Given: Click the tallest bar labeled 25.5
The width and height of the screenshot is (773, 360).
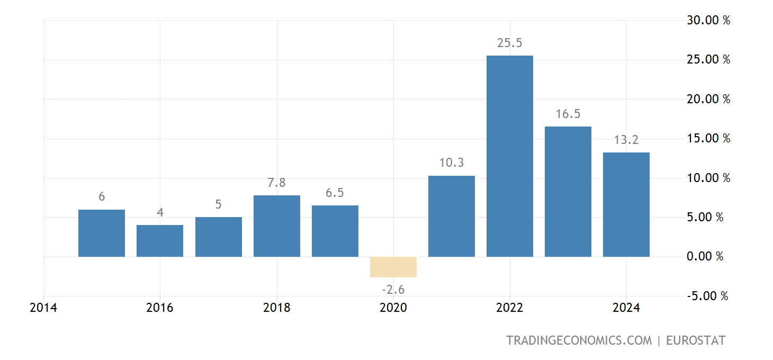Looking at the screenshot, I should pyautogui.click(x=509, y=156).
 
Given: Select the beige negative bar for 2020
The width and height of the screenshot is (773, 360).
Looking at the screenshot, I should pyautogui.click(x=393, y=267).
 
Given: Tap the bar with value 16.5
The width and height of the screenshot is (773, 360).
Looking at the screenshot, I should pyautogui.click(x=568, y=192).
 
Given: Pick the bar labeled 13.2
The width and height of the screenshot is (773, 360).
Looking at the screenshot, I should pyautogui.click(x=626, y=204).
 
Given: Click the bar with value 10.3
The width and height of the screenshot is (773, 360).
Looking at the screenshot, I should pyautogui.click(x=451, y=216).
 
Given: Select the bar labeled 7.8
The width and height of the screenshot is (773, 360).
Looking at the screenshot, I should pyautogui.click(x=276, y=226).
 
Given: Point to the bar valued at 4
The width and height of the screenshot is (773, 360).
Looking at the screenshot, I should pyautogui.click(x=160, y=241).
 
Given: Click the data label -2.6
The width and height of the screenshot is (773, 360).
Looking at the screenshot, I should pyautogui.click(x=393, y=290).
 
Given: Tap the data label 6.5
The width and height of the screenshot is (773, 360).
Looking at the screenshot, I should pyautogui.click(x=335, y=193).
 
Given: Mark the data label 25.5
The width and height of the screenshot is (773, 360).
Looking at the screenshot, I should pyautogui.click(x=509, y=43).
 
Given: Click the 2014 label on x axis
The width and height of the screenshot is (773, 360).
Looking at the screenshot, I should pyautogui.click(x=43, y=308).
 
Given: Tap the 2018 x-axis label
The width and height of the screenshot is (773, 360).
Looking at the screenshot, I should pyautogui.click(x=276, y=308).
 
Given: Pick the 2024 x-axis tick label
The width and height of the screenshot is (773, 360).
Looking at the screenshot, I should pyautogui.click(x=626, y=308).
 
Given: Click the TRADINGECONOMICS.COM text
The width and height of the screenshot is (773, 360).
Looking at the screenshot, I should pyautogui.click(x=579, y=340).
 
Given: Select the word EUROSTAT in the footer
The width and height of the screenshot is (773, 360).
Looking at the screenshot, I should pyautogui.click(x=695, y=340).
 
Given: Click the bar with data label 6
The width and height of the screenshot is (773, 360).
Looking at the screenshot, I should pyautogui.click(x=102, y=233).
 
